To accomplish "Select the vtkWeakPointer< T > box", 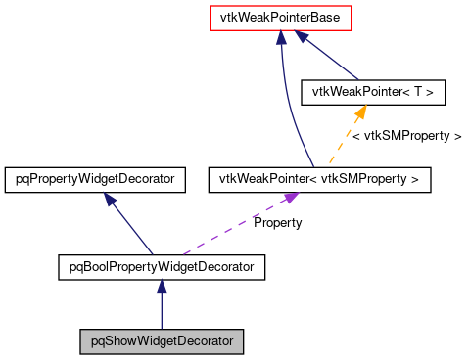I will point(373,93).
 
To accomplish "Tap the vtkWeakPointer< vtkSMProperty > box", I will point(319,179).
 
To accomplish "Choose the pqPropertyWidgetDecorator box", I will point(95,179).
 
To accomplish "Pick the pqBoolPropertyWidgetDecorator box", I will point(162,265).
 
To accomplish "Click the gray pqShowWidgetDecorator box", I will point(162,341).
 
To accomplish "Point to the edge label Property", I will point(277,223).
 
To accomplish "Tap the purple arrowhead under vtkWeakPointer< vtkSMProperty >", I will point(290,199).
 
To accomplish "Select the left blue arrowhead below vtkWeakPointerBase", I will point(281,37).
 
